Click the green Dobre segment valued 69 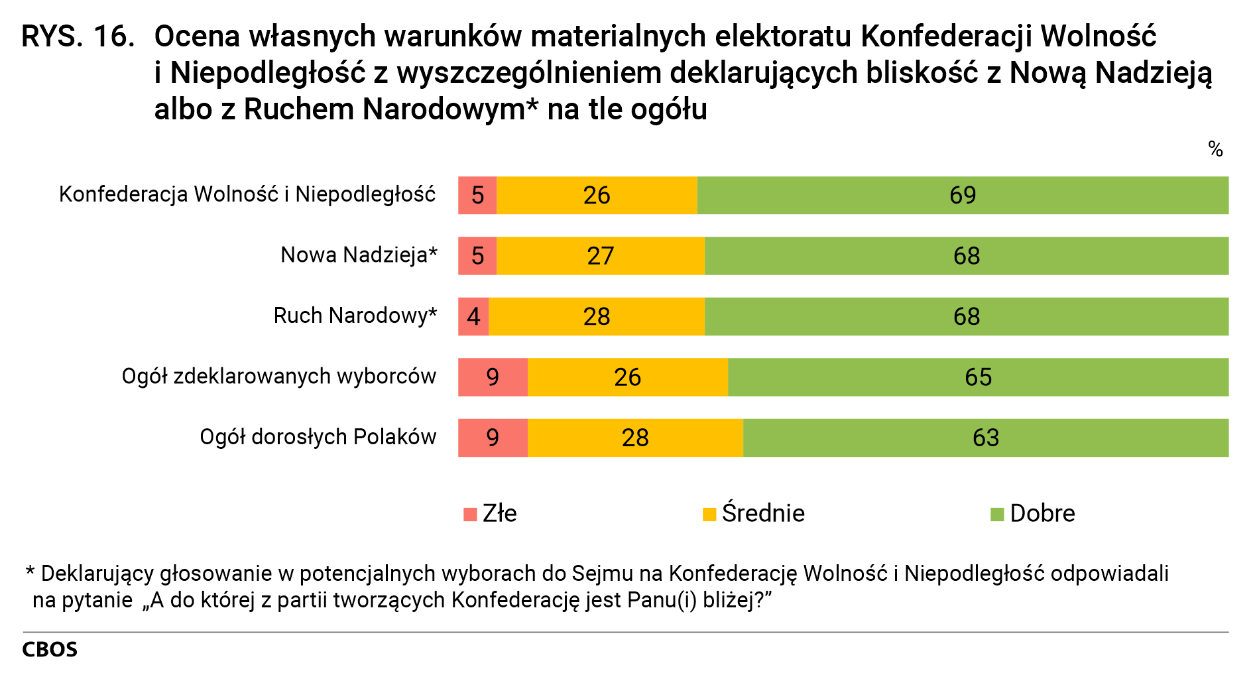click(x=963, y=196)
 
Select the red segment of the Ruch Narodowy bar click(x=473, y=316)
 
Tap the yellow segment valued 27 click(x=601, y=256)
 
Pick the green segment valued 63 click(x=986, y=438)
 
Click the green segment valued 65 click(x=978, y=377)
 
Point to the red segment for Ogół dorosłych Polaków click(x=493, y=438)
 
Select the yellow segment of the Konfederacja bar click(x=597, y=196)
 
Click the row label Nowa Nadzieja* click(x=359, y=255)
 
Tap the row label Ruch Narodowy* click(x=355, y=316)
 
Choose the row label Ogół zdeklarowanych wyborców click(x=279, y=376)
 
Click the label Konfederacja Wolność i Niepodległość click(x=247, y=194)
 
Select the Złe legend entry click(x=491, y=514)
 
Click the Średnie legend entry click(x=754, y=514)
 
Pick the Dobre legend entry click(x=1032, y=514)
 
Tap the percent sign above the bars click(x=1215, y=149)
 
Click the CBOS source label click(x=50, y=649)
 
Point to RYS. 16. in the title click(x=78, y=36)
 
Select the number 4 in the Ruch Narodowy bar click(x=473, y=316)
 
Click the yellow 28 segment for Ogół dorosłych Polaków click(x=635, y=438)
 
